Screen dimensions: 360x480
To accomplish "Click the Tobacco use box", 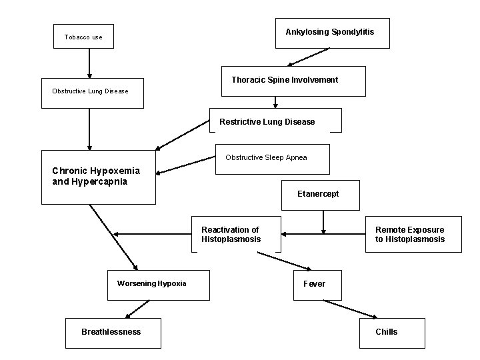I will tap(83, 37).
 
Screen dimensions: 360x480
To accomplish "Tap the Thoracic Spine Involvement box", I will tap(293, 81).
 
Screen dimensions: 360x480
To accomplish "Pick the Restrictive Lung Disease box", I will tap(275, 121).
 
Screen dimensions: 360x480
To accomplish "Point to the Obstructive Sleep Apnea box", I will tap(272, 159).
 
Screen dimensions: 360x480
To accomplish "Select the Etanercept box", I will tap(321, 194).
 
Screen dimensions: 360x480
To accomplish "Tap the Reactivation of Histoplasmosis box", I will tap(236, 235).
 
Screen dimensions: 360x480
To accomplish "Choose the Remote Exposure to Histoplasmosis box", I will tap(413, 235).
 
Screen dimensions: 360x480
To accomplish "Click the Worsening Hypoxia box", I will tap(159, 284).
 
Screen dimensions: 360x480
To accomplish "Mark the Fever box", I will tap(317, 285).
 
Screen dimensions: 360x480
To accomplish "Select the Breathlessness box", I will tap(113, 332).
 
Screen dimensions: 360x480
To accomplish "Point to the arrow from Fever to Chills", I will tap(351, 309).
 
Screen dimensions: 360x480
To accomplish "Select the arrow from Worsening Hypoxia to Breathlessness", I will tap(138, 308).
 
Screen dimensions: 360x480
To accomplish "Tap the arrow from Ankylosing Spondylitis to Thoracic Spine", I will tap(309, 57).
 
